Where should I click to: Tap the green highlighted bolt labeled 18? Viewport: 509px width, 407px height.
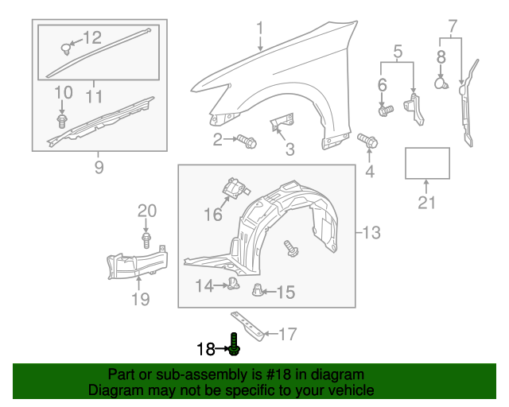(x=235, y=344)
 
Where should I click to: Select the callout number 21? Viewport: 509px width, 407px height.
(x=427, y=203)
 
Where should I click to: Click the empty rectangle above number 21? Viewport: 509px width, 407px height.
(x=428, y=163)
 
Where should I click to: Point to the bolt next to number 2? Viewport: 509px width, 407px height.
(x=246, y=141)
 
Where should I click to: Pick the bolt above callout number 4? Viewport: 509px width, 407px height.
(x=368, y=141)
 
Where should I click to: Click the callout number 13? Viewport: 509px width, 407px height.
(x=371, y=233)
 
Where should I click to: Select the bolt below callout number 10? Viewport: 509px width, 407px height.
(x=61, y=121)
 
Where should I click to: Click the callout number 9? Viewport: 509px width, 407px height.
(x=99, y=168)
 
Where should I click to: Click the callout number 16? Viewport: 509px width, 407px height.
(x=213, y=215)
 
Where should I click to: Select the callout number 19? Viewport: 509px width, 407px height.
(x=140, y=300)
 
